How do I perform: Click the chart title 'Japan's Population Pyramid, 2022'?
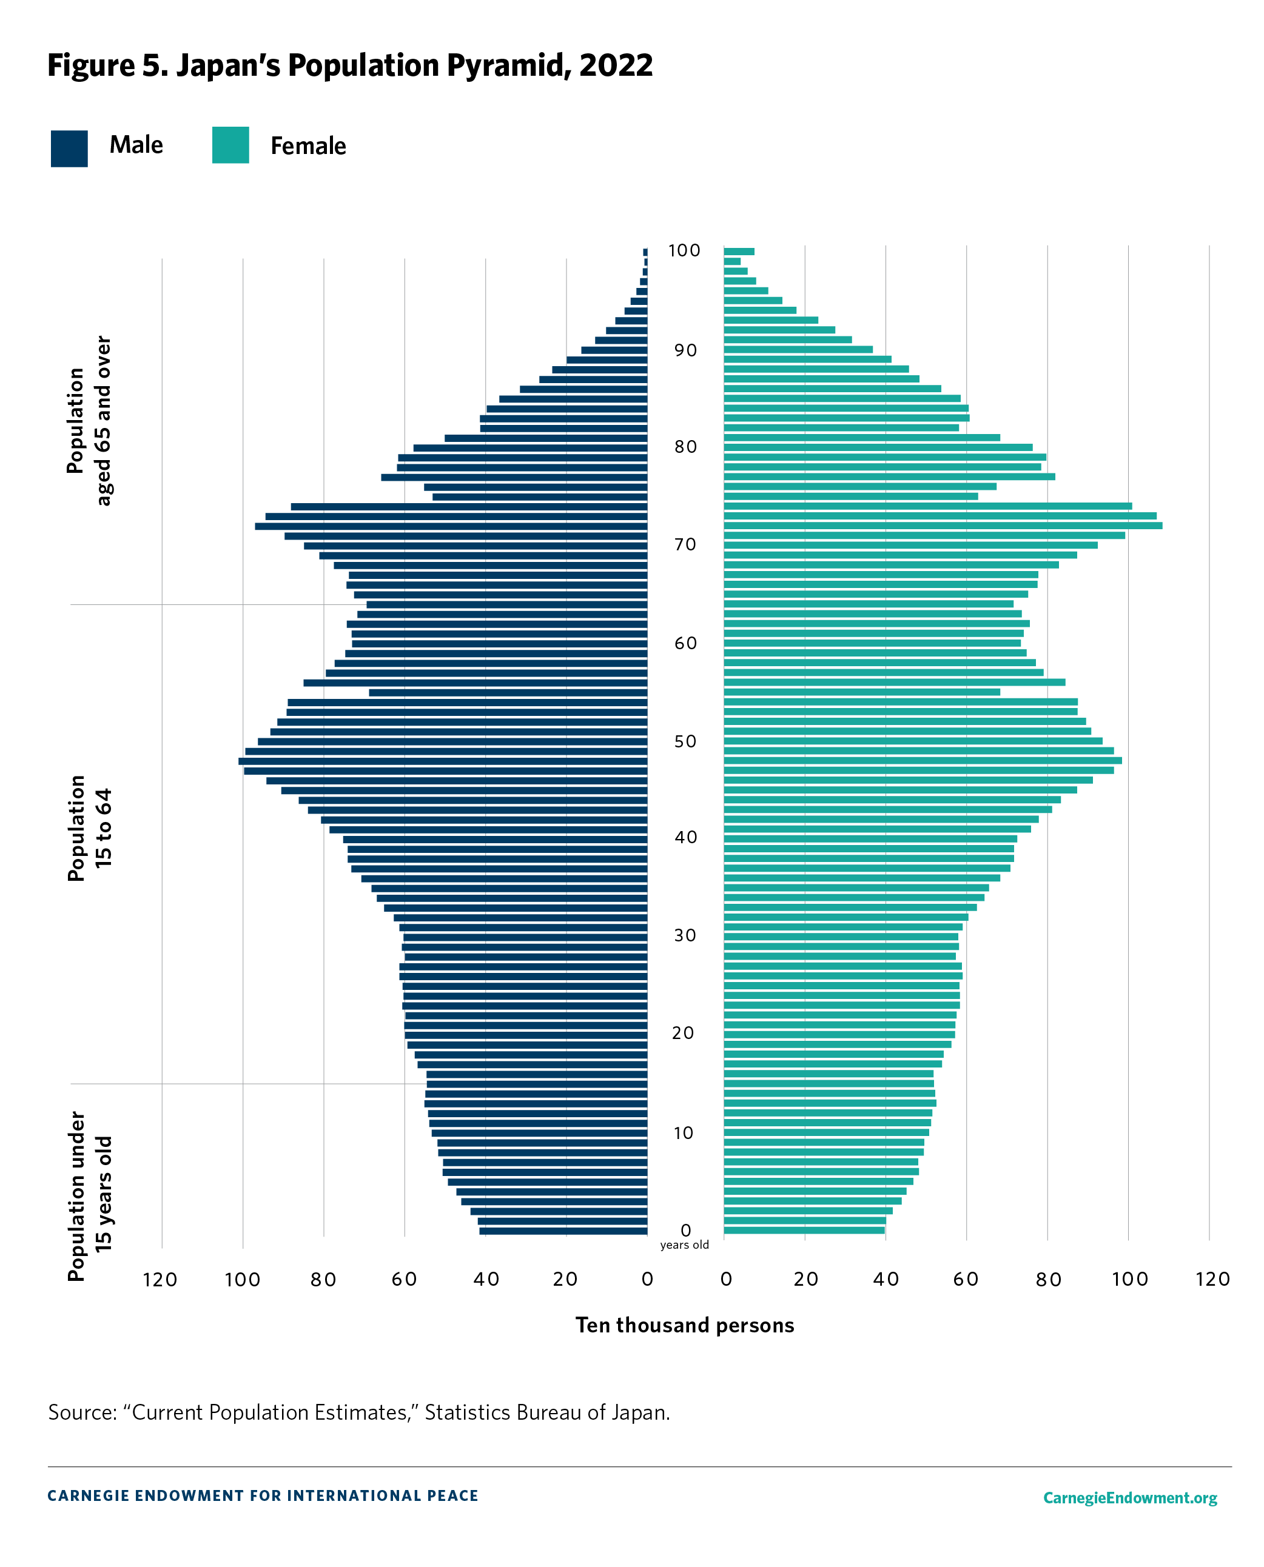pyautogui.click(x=349, y=65)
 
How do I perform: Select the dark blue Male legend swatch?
pyautogui.click(x=69, y=149)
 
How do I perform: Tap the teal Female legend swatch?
pyautogui.click(x=230, y=145)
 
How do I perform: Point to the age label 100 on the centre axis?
pyautogui.click(x=684, y=251)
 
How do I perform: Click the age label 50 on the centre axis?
pyautogui.click(x=684, y=741)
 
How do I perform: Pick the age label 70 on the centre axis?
pyautogui.click(x=684, y=544)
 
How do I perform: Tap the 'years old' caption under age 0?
pyautogui.click(x=684, y=1245)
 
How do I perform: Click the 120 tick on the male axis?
pyautogui.click(x=160, y=1280)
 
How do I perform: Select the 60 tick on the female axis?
pyautogui.click(x=966, y=1280)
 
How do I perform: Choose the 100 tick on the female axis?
pyautogui.click(x=1129, y=1280)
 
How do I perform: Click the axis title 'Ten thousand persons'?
pyautogui.click(x=684, y=1325)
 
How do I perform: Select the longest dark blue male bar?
pyautogui.click(x=443, y=761)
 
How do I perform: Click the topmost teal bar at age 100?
pyautogui.click(x=738, y=252)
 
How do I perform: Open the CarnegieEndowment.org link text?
pyautogui.click(x=1129, y=1498)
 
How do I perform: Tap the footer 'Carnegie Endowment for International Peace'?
pyautogui.click(x=263, y=1495)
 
